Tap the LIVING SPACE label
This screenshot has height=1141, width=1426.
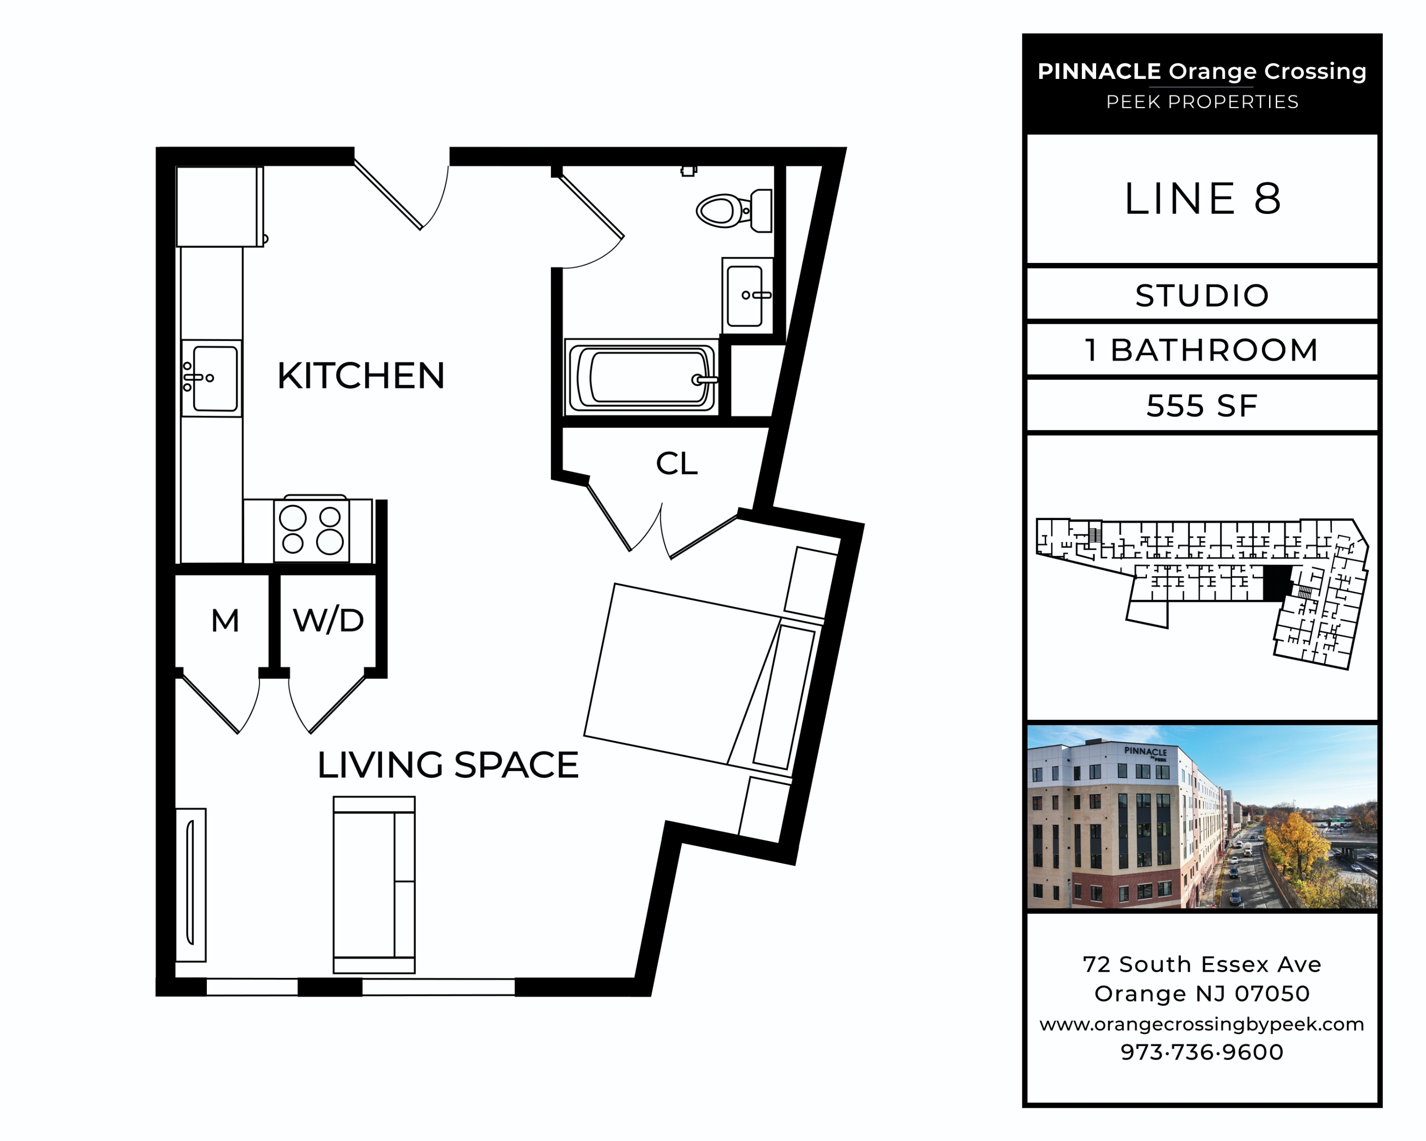[448, 765]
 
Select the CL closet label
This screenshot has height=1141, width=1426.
[676, 464]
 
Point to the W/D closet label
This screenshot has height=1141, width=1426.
[328, 620]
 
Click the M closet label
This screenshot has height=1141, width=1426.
[225, 621]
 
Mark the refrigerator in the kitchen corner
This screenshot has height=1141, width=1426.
[219, 206]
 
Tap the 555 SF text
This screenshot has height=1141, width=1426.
[1202, 406]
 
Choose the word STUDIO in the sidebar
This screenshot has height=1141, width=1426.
[1202, 296]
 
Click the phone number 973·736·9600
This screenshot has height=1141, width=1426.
[1202, 1052]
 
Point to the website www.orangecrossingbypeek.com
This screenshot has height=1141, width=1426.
[1202, 1024]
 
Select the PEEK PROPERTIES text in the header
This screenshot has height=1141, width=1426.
[1202, 102]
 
